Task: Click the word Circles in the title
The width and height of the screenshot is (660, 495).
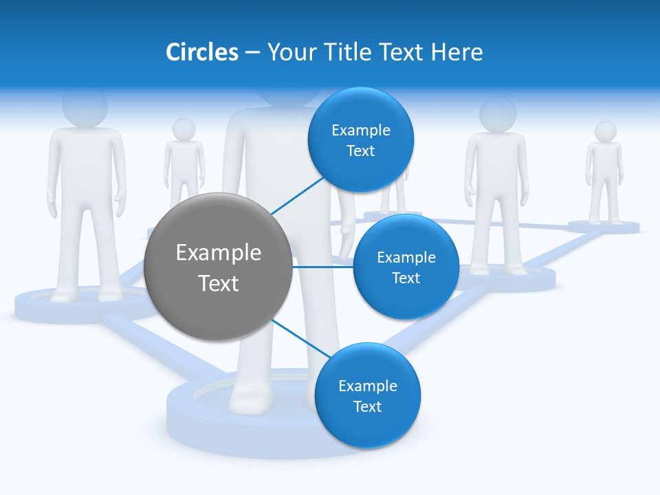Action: [x=201, y=52]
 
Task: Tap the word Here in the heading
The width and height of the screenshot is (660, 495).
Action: [x=456, y=52]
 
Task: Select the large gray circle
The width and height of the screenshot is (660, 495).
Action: [x=219, y=267]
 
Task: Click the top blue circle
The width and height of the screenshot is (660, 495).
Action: [x=361, y=140]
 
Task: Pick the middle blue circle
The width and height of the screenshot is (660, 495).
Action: [x=406, y=267]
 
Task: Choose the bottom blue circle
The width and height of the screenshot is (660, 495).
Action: [x=367, y=395]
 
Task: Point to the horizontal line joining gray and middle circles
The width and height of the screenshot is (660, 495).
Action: [x=323, y=267]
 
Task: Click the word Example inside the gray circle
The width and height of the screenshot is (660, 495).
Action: [x=219, y=252]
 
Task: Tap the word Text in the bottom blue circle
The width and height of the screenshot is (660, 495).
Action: [x=367, y=406]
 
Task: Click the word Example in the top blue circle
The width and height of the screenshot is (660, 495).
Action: [x=361, y=130]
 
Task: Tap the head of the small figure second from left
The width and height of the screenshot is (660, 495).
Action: [x=184, y=129]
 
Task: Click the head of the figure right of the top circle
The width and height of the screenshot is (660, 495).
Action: [x=497, y=113]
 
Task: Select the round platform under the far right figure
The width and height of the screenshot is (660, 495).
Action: [x=604, y=227]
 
